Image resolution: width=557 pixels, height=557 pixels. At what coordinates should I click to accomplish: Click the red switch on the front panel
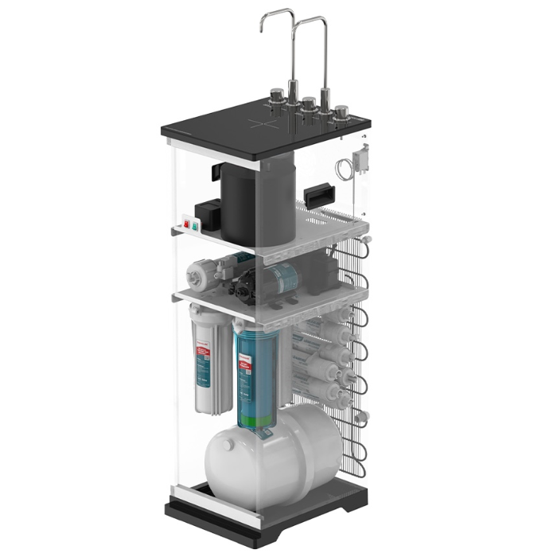(187, 224)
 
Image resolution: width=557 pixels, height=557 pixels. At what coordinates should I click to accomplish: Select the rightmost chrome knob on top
(342, 111)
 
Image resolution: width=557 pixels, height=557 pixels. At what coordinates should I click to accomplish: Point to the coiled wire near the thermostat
(344, 169)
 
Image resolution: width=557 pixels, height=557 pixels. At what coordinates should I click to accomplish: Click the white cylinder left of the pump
(202, 275)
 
